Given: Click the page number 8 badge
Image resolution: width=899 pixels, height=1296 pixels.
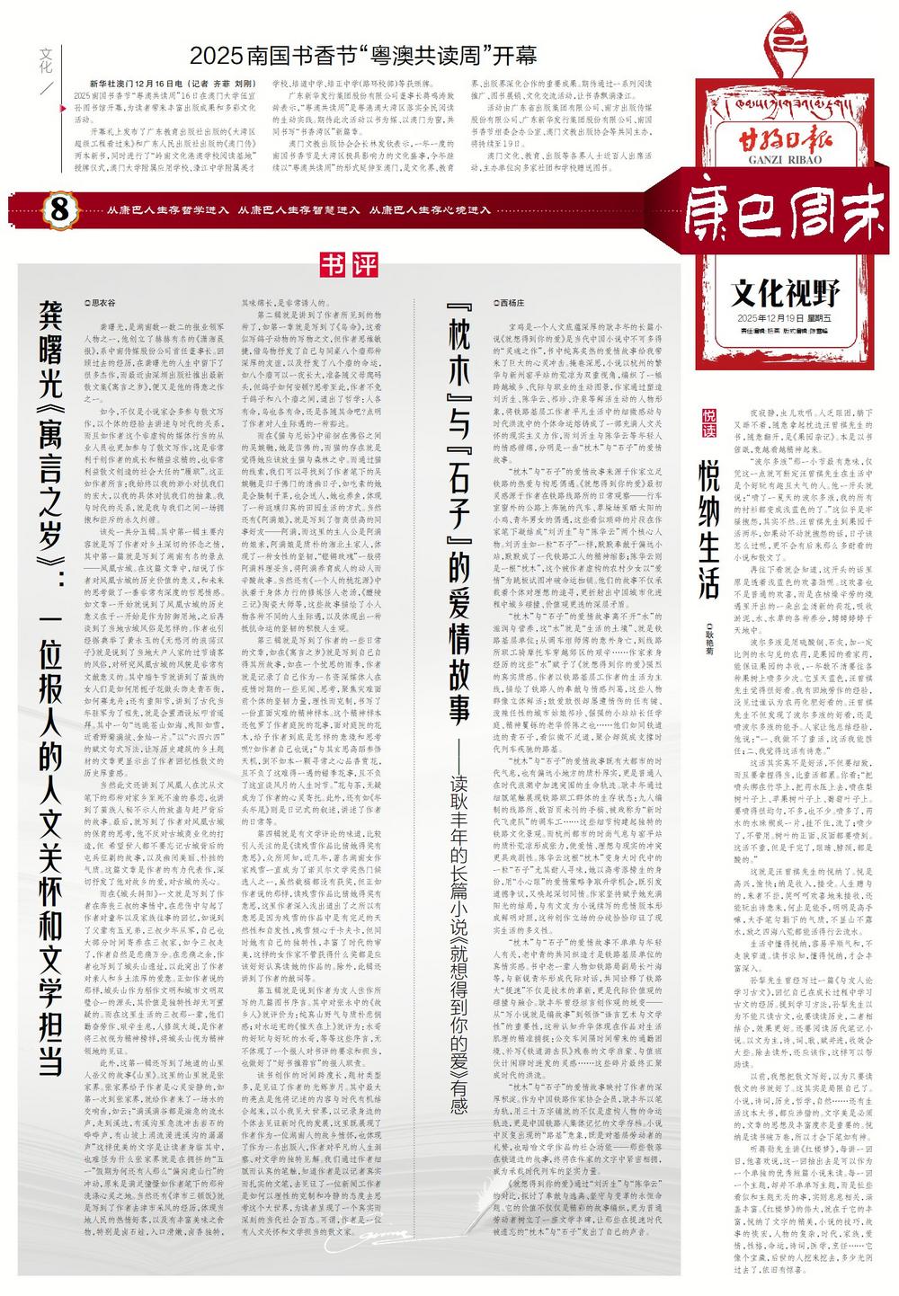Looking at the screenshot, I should point(58,210).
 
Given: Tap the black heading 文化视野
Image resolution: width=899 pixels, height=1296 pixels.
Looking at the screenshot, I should point(785,293).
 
